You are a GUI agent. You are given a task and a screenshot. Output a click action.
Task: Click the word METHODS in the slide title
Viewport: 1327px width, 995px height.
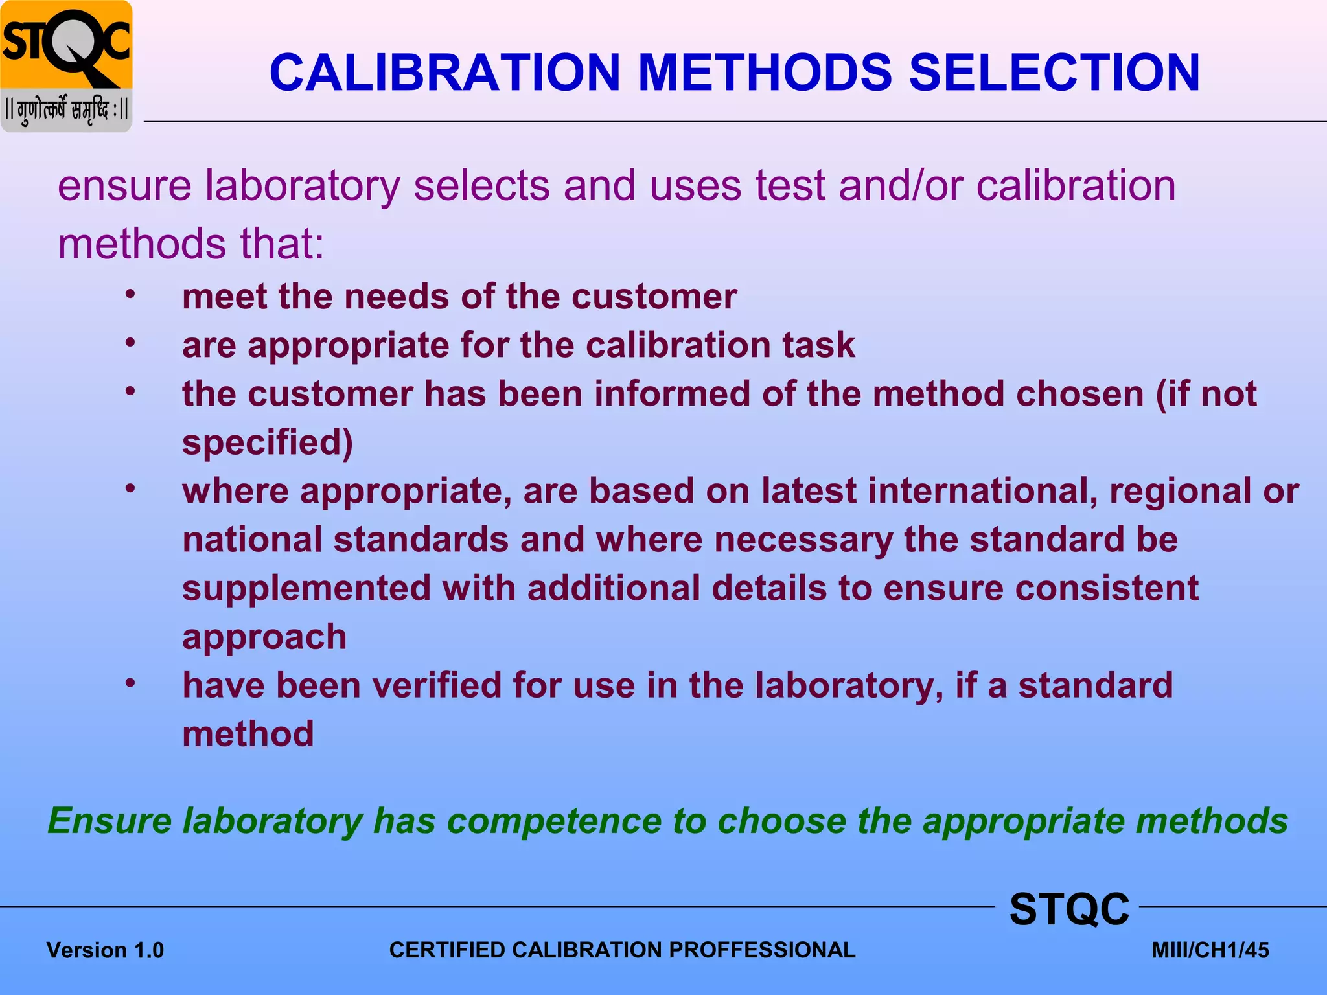765,73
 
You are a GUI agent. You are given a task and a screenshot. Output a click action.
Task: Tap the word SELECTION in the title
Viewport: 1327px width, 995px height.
1054,73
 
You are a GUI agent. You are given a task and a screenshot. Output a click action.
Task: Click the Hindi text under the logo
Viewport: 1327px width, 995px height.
67,110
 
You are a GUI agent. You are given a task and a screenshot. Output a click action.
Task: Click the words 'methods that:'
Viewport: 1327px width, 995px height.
191,244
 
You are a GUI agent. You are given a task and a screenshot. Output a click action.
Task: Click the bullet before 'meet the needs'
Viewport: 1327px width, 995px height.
130,295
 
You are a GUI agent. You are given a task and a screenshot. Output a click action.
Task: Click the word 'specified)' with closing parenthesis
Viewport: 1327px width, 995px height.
267,443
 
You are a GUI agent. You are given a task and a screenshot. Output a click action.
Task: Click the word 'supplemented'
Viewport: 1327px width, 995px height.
306,588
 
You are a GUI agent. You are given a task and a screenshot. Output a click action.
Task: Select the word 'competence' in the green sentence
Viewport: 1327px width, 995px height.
554,821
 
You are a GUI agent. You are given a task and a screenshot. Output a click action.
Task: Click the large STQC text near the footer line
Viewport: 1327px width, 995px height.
1069,909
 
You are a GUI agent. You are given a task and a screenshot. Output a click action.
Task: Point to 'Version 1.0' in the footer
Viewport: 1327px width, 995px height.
105,950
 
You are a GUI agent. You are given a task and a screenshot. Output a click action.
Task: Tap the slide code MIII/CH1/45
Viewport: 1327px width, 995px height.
1210,950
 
